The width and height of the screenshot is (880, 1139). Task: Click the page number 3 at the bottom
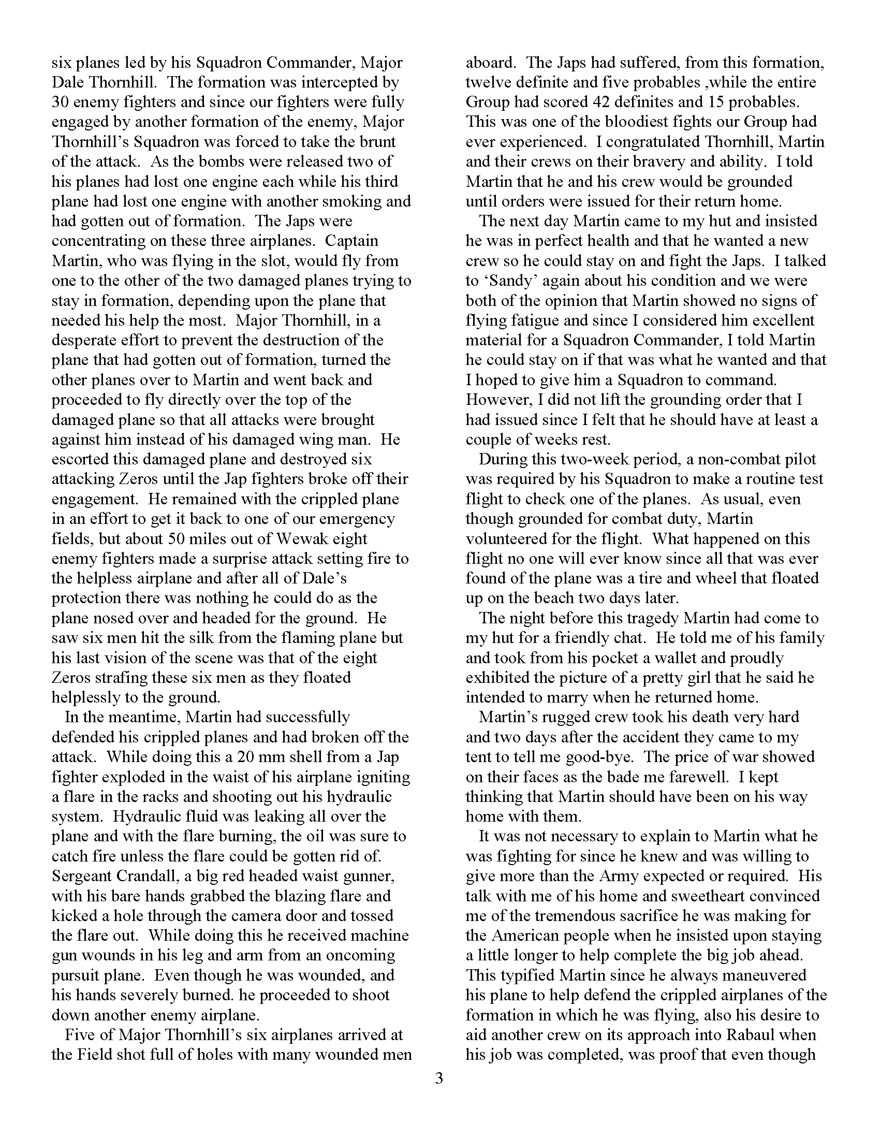click(439, 1078)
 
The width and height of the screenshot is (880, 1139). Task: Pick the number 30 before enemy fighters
click(62, 101)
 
